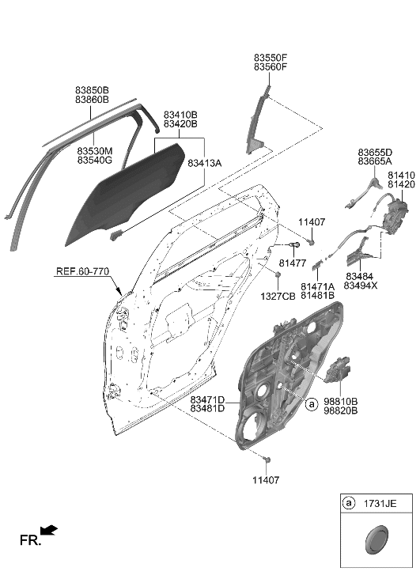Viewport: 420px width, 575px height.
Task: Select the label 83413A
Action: tap(205, 162)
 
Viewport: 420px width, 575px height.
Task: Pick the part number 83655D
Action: tap(375, 152)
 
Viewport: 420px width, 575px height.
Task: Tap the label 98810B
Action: tap(341, 402)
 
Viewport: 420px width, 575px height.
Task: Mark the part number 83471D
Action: tap(207, 400)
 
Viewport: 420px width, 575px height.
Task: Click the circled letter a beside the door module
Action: tap(312, 403)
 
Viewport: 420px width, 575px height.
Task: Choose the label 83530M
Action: tap(95, 150)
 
